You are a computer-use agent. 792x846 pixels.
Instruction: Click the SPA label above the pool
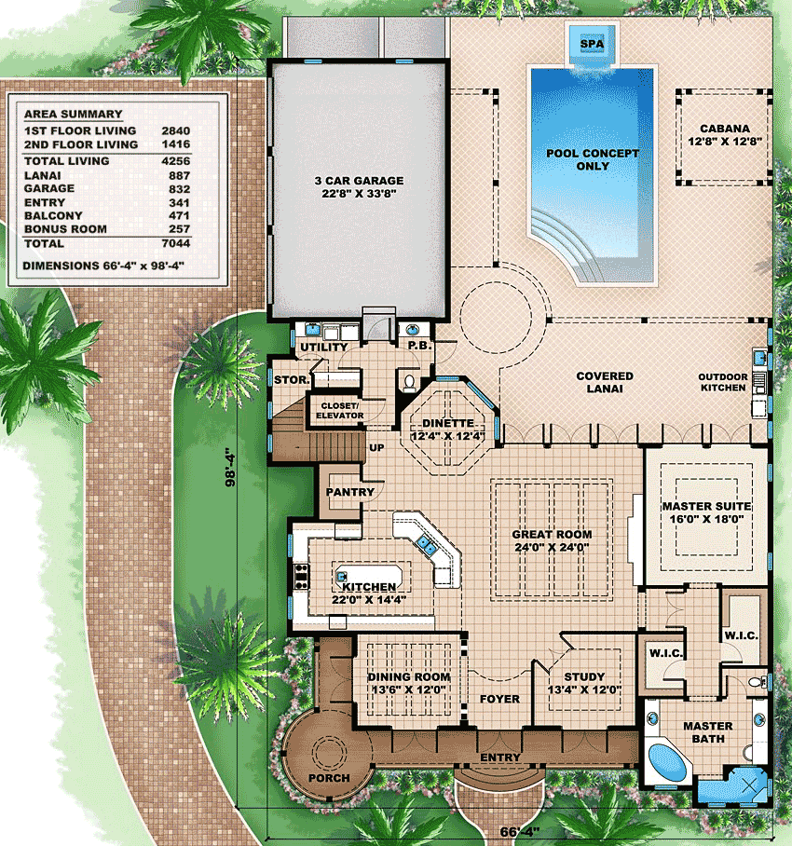coord(592,44)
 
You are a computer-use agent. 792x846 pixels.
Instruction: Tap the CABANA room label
coord(725,129)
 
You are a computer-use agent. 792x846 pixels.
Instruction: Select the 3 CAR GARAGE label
coord(359,181)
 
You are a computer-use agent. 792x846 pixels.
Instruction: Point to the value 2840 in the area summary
coord(176,130)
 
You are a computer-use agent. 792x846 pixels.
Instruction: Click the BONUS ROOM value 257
coord(180,229)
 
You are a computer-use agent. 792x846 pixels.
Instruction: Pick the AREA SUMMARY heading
coord(74,114)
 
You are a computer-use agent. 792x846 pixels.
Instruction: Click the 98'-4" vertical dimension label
coord(230,467)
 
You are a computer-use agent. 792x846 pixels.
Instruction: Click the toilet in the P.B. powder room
coord(410,383)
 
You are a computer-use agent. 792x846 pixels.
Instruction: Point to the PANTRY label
coord(349,492)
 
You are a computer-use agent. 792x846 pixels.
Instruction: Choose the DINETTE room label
coord(448,423)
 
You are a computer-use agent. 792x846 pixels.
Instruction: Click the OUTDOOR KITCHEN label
coord(723,382)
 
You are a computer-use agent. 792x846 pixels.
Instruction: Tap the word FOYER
coord(499,699)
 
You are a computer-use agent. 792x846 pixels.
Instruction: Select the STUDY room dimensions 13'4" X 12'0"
coord(584,689)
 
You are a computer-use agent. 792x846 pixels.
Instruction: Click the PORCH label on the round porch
coord(329,778)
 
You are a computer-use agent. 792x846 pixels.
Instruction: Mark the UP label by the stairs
coord(376,447)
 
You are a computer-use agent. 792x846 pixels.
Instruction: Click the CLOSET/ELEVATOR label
coord(340,411)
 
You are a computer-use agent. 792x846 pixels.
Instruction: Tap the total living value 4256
coord(176,161)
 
